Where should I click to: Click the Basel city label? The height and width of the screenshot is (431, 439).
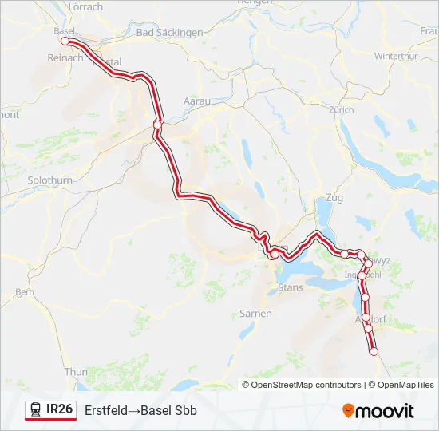[x=63, y=31]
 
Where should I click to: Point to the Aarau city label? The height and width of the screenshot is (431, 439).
[x=196, y=101]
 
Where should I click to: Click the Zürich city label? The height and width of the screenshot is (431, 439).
[x=341, y=109]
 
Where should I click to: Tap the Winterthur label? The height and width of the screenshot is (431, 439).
[x=396, y=56]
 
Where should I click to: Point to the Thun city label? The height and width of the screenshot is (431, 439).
[x=76, y=372]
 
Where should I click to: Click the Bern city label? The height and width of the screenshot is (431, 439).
[x=24, y=293]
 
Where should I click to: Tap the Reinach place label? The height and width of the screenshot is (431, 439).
[x=65, y=58]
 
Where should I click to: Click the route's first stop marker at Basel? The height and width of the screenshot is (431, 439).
[x=65, y=41]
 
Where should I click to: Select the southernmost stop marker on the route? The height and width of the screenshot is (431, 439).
[x=373, y=351]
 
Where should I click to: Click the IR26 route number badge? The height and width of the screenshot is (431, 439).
[x=60, y=410]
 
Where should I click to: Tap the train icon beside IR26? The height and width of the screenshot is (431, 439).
[x=35, y=410]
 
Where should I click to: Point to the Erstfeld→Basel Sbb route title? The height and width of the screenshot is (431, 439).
[x=140, y=410]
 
